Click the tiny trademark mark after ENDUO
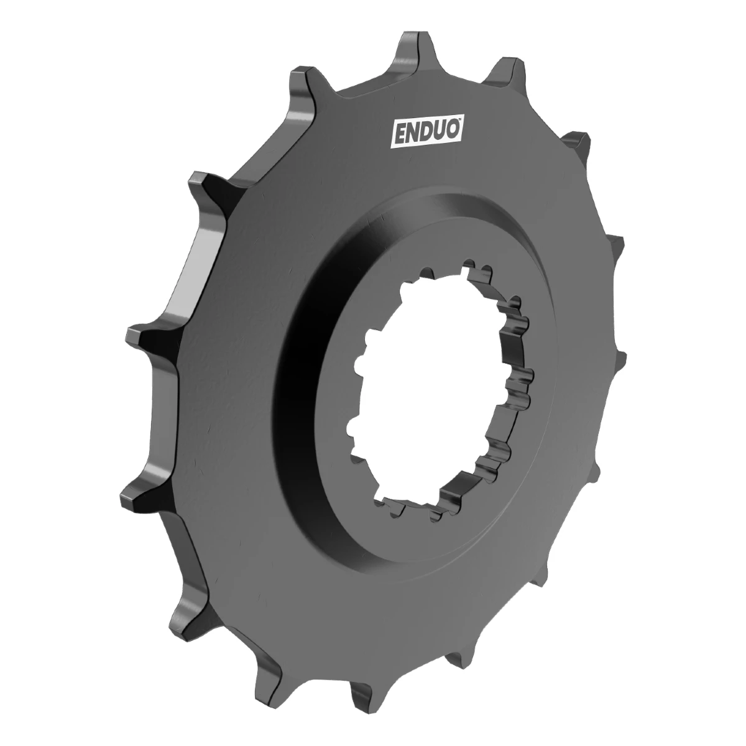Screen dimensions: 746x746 (460, 122)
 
